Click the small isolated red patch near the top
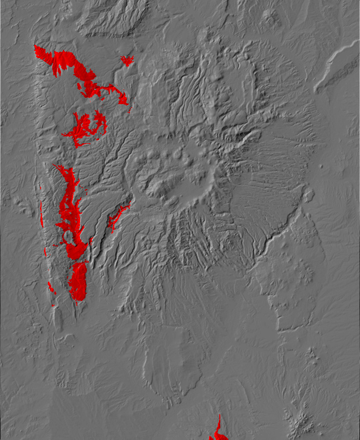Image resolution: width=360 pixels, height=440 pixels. (127, 61)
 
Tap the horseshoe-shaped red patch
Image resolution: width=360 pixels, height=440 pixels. (85, 128)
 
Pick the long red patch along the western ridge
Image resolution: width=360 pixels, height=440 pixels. (68, 205)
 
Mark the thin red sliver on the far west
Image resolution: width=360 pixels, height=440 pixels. (42, 215)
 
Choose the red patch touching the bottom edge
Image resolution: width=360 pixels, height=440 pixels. (217, 433)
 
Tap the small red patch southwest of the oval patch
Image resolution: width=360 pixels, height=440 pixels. (51, 288)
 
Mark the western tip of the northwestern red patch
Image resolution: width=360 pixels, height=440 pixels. (35, 46)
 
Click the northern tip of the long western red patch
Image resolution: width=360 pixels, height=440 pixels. (55, 166)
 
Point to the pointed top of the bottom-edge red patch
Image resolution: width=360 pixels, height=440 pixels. (220, 416)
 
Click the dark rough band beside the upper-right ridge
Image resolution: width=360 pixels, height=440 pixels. (342, 73)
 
